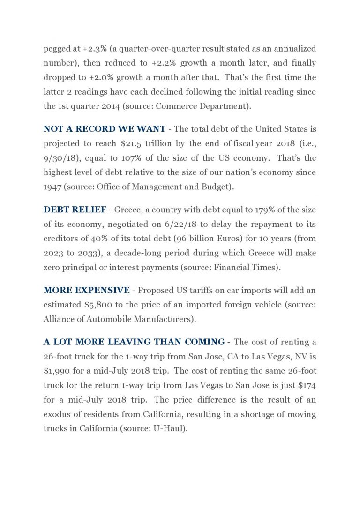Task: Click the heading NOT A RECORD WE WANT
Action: pos(104,128)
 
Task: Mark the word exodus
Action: pos(58,415)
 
